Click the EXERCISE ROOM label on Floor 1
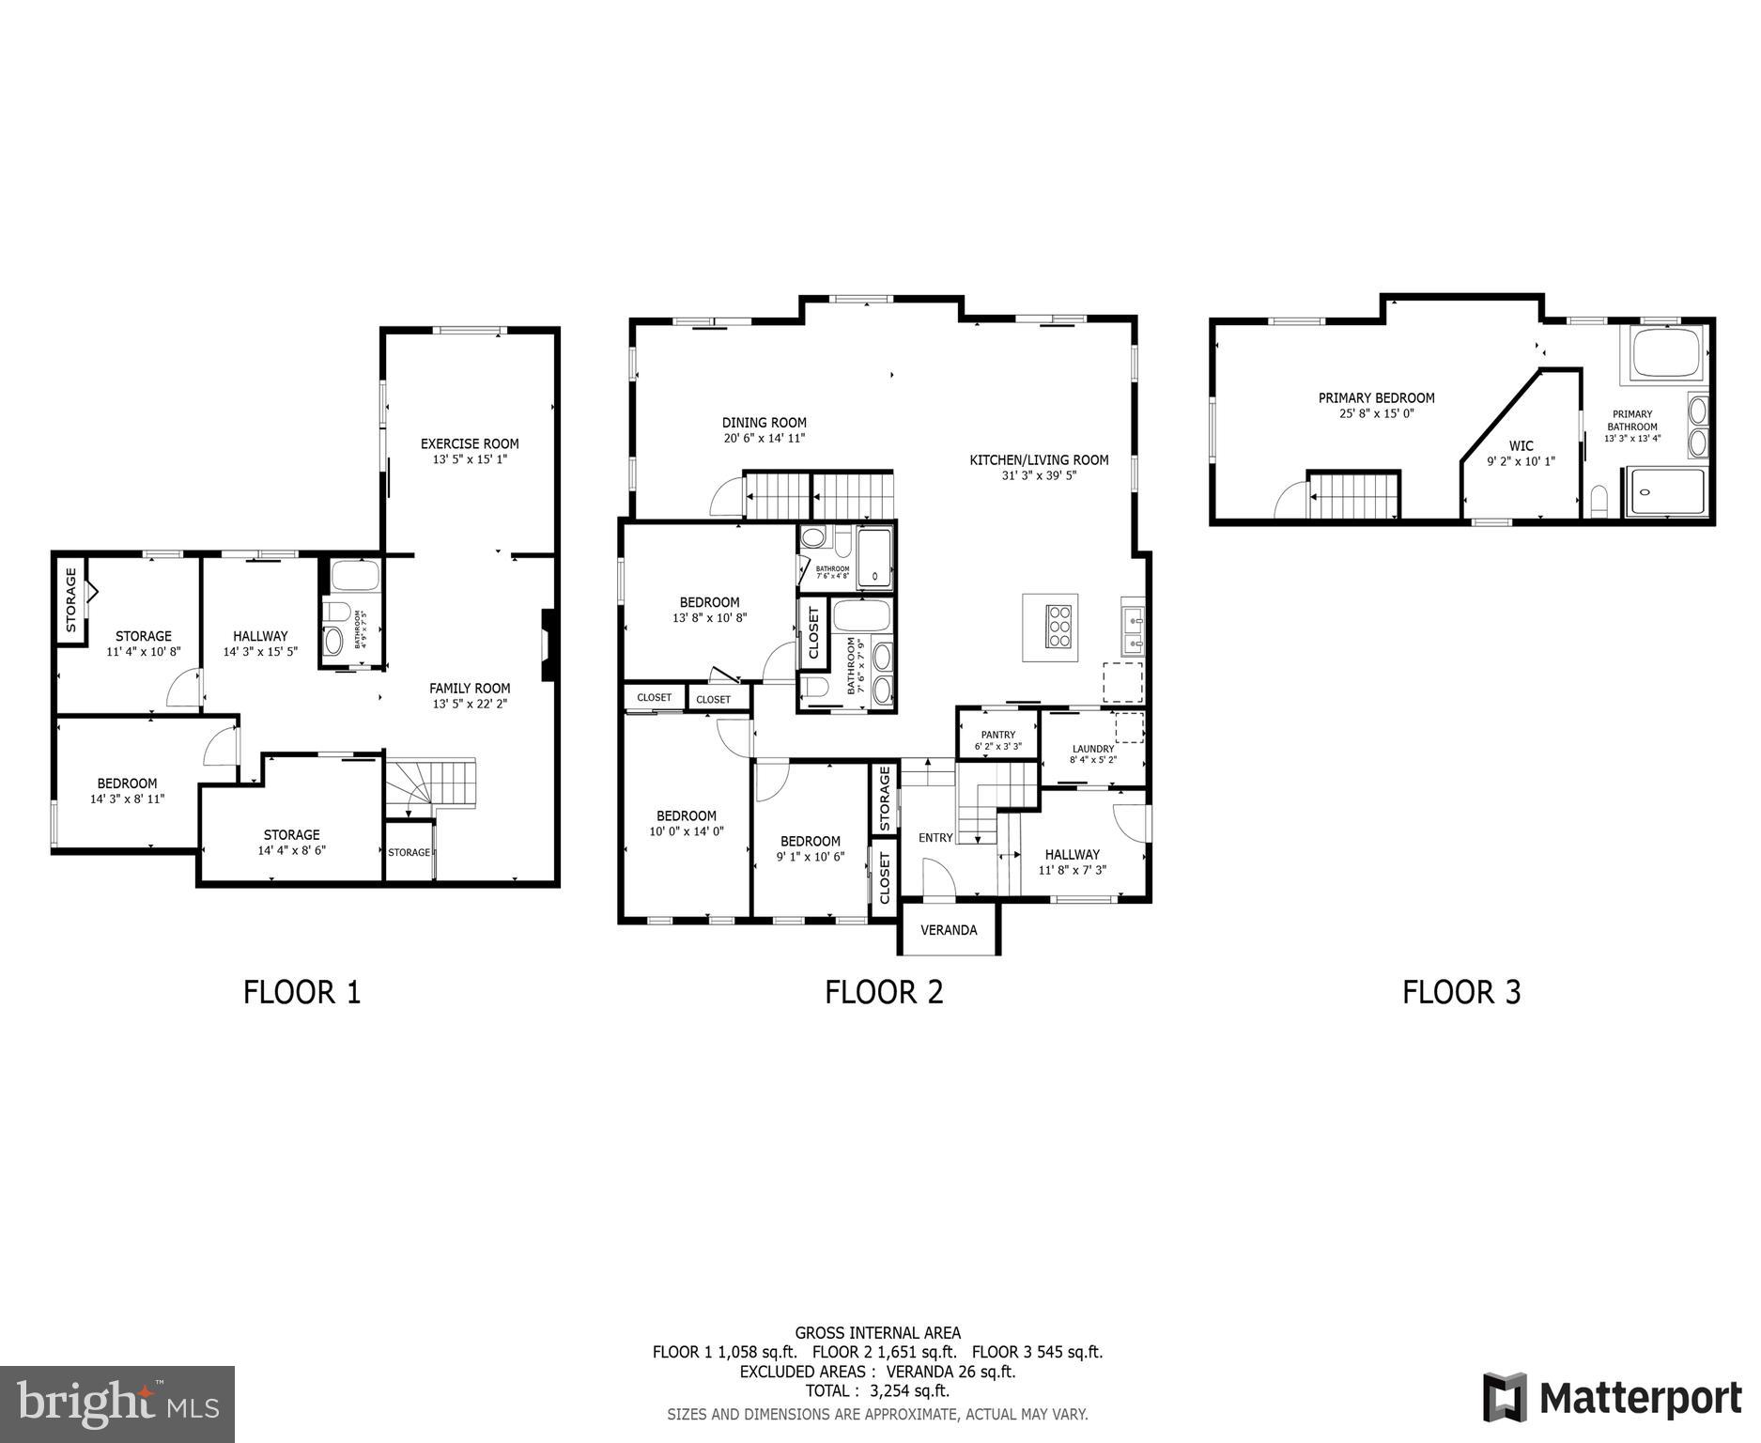point(470,443)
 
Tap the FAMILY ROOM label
point(470,688)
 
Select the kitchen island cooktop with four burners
point(1058,626)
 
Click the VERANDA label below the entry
point(948,930)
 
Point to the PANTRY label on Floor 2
point(997,735)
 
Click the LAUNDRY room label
point(1092,749)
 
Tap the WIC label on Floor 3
point(1521,446)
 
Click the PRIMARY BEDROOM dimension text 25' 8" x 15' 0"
point(1376,413)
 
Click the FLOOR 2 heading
point(883,992)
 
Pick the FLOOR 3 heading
point(1460,992)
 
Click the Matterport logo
point(1612,1398)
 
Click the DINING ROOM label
point(764,423)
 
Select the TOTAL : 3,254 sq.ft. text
point(877,1391)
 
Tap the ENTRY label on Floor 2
point(935,838)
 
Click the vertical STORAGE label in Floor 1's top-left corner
point(70,599)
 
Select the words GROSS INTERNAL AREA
point(877,1332)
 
